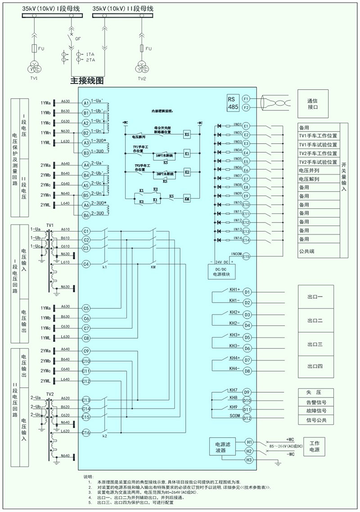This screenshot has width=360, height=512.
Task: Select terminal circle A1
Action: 86,103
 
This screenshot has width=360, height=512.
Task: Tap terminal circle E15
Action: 246,257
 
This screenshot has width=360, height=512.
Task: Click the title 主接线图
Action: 87,81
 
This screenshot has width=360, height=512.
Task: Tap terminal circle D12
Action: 247,418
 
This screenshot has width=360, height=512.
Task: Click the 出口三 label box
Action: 315,344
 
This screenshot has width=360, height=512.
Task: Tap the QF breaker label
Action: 84,39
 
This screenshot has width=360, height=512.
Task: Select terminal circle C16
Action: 86,433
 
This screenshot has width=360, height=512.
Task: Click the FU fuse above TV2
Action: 143,48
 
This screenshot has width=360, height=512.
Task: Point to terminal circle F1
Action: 246,98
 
